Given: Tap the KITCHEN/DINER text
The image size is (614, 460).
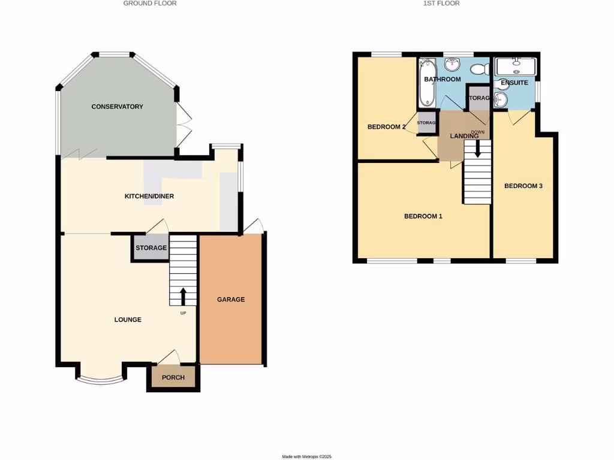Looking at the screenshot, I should click(149, 196).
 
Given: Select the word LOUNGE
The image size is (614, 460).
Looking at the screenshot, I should click(128, 320).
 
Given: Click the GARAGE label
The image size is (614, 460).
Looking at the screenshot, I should click(231, 299).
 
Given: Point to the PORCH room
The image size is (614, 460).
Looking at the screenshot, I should click(173, 377).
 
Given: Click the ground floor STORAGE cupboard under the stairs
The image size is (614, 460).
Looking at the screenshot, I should click(151, 248).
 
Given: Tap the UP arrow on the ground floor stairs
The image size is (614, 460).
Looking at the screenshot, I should click(183, 296).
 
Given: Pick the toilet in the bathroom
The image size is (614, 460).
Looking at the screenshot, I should click(480, 69).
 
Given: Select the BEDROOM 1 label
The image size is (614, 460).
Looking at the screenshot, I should click(423, 216).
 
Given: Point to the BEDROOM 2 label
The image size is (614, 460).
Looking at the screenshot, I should click(387, 127).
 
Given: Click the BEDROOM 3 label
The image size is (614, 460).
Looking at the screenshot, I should click(523, 186).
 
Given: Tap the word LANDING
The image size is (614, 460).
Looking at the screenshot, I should click(464, 137).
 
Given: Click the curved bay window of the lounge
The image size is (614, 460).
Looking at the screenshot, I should click(101, 379).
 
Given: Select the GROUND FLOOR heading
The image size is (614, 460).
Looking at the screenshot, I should click(150, 4).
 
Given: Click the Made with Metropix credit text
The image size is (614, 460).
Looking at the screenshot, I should click(307, 456).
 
